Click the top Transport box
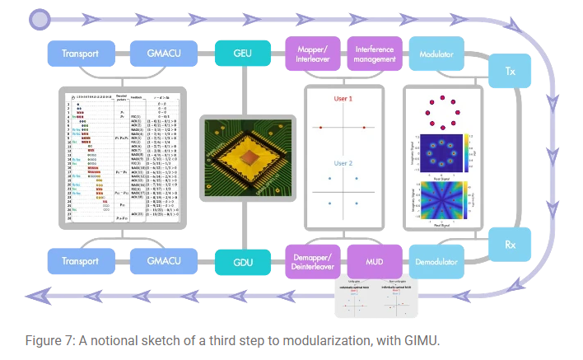81,54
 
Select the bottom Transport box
81,262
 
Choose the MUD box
373,261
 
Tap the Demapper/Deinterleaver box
312,261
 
